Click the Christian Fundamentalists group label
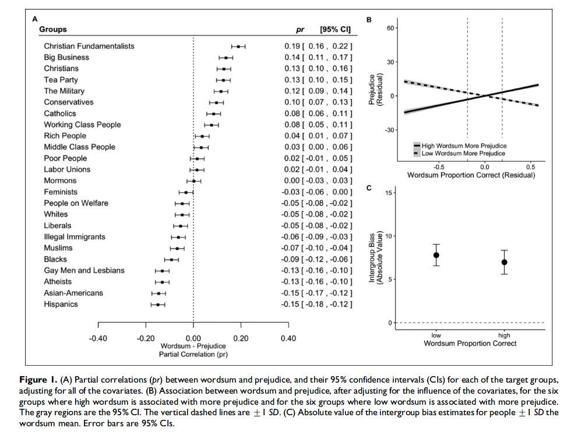pos(89,46)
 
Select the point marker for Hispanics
pos(158,305)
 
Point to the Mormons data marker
pos(194,181)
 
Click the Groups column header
pos(53,29)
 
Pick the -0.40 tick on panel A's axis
pos(98,338)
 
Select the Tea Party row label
pos(61,80)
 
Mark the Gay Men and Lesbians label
pos(84,271)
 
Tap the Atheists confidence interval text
pos(327,282)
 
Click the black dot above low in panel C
pos(436,255)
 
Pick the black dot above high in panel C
pos(504,262)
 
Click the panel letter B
pos(369,20)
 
